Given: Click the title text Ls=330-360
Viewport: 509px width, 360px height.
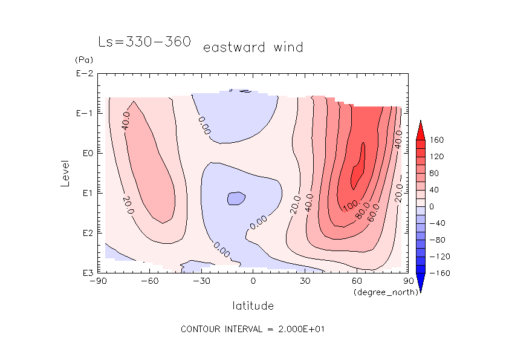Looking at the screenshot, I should point(144,42).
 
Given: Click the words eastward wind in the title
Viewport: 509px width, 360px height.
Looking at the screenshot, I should point(253,47).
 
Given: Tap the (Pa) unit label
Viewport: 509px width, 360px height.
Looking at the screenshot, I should point(82,60).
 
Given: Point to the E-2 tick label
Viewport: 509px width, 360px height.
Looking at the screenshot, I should point(83,74).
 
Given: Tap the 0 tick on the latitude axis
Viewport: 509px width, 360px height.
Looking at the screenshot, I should point(253,281).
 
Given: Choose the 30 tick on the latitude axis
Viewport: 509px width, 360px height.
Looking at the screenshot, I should point(305,281).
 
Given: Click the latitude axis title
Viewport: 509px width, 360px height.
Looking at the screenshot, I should point(253,306).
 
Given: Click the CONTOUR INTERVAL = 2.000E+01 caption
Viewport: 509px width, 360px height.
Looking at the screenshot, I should point(254,329).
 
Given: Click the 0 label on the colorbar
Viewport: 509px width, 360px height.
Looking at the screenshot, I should point(432,206).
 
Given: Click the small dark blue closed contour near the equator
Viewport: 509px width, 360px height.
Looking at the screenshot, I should point(235,198).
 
